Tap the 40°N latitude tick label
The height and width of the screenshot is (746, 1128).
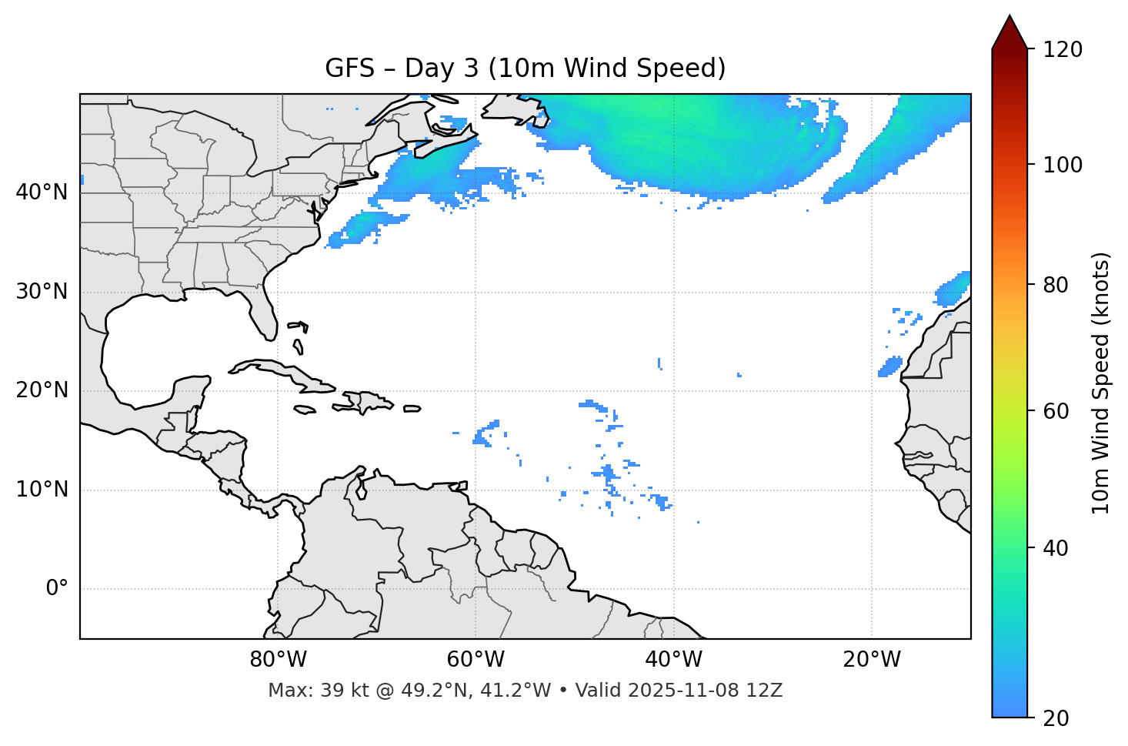(x=42, y=192)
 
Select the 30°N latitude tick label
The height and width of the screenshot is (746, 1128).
(x=42, y=292)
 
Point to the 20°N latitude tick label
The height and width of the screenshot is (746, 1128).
(x=42, y=390)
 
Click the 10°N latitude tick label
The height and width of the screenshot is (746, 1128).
(x=42, y=490)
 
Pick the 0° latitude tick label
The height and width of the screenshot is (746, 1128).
(x=57, y=589)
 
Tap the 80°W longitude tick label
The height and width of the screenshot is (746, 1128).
(x=278, y=660)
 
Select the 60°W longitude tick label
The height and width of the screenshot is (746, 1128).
(x=476, y=660)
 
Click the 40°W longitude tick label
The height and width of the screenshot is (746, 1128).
(x=673, y=660)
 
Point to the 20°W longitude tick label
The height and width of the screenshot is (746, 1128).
(x=871, y=660)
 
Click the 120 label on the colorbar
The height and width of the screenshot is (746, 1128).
(x=1063, y=49)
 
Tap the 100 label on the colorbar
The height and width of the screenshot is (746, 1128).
(x=1063, y=165)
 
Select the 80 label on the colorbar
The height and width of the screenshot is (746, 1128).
(x=1056, y=285)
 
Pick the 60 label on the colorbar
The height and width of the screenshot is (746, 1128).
(x=1056, y=411)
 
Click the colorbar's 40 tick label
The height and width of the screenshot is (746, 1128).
(x=1056, y=548)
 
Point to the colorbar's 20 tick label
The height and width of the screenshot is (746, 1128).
(x=1056, y=718)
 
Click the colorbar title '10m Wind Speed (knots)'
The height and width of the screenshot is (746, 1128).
(x=1101, y=383)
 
